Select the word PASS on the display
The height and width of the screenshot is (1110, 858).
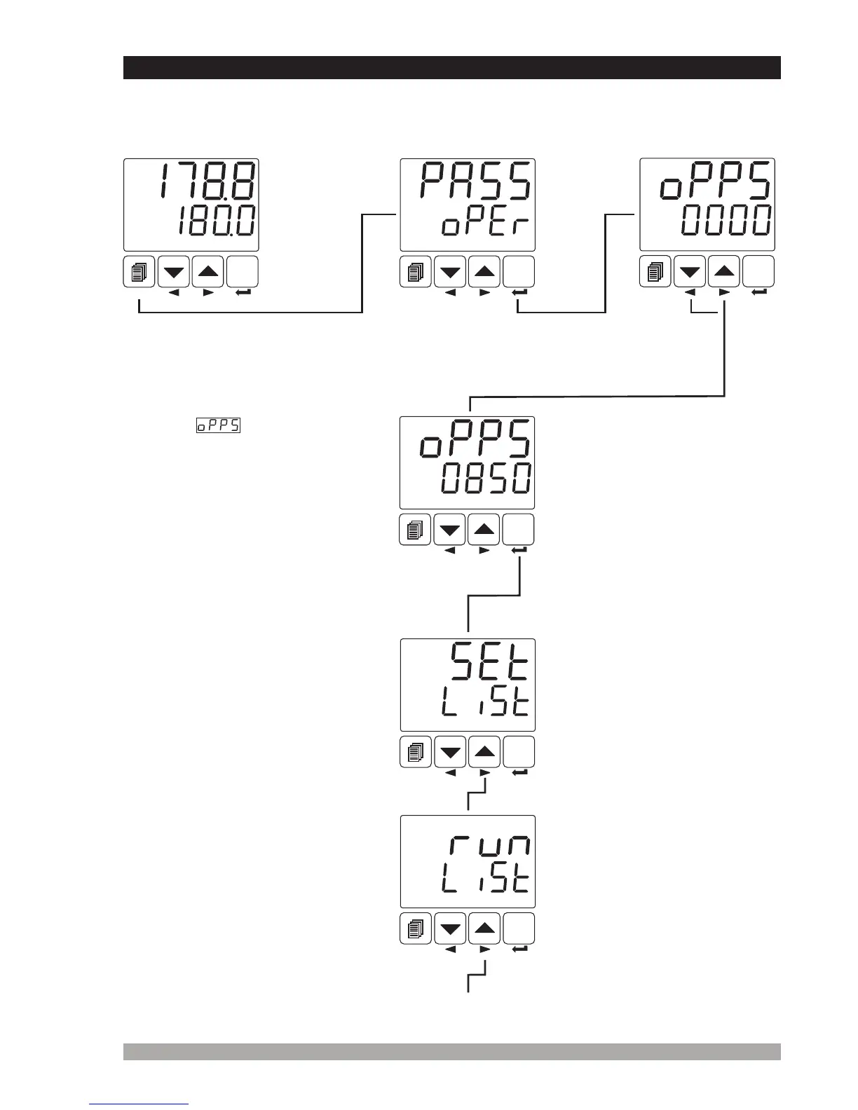click(x=475, y=181)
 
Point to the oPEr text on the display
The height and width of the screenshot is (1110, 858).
click(x=484, y=226)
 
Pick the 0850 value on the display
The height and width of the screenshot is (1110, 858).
click(x=485, y=479)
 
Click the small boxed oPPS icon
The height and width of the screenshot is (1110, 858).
click(x=218, y=425)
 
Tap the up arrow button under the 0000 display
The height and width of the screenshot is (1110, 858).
click(x=725, y=272)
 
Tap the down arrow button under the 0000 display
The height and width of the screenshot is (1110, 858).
click(x=690, y=272)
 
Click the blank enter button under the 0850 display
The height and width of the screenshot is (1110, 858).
click(x=519, y=529)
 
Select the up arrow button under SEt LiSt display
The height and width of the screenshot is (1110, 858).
click(x=484, y=752)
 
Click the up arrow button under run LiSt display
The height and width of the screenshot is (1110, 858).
click(x=484, y=929)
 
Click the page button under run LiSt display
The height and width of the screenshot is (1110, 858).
click(x=415, y=929)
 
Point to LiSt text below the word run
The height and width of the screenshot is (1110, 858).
click(x=485, y=880)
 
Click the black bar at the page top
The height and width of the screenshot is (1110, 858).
click(x=451, y=67)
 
